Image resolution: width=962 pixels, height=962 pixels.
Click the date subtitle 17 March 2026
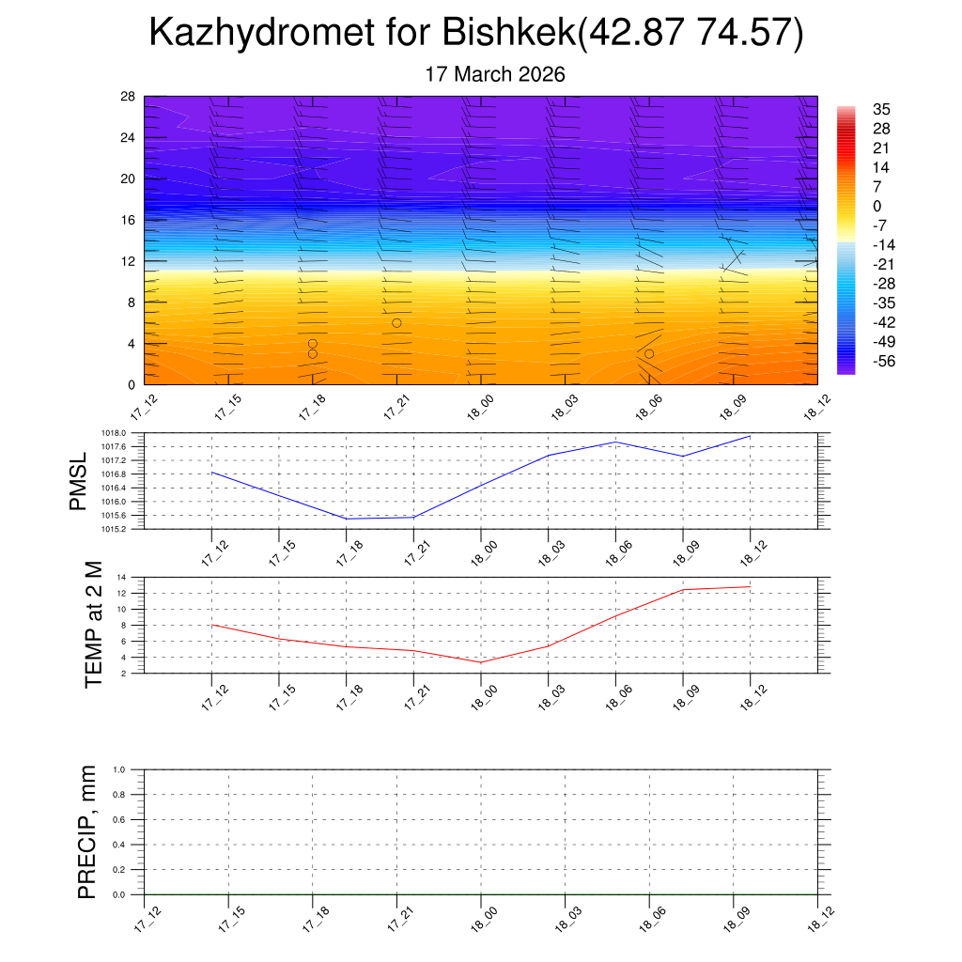coord(495,74)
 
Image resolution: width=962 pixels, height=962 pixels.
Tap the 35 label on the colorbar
coord(881,109)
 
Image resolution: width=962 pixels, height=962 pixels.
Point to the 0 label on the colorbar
coord(877,207)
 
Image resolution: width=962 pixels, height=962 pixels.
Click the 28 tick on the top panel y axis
coord(128,97)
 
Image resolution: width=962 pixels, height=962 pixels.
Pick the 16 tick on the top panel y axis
coord(128,220)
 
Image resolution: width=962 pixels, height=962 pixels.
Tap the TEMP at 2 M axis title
coord(94,626)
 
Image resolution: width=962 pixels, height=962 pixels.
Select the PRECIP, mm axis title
coord(87,832)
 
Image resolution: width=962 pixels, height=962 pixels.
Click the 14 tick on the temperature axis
coord(122,577)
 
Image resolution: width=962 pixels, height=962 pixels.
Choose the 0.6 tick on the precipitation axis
coord(119,819)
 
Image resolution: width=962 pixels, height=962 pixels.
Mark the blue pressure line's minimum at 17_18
coord(347,519)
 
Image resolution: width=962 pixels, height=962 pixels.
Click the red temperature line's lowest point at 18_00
coord(481,662)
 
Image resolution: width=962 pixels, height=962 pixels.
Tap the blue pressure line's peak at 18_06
coord(615,442)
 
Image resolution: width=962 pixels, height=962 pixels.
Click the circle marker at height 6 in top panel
coord(396,323)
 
